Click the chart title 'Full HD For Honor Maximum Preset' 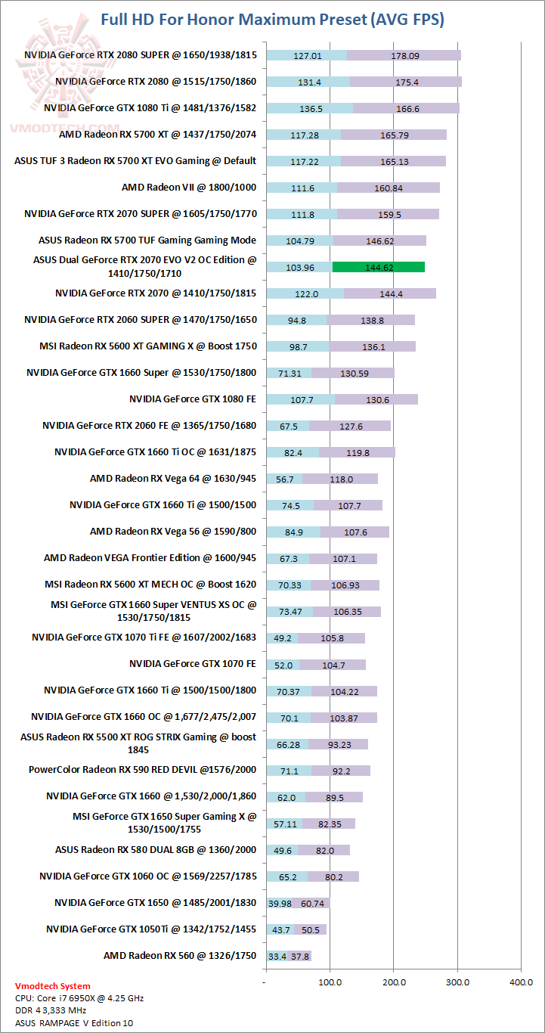pos(272,20)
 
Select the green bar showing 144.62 pos(378,267)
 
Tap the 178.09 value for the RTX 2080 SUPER pos(404,55)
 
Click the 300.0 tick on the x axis pos(457,982)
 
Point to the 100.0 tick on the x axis pos(330,982)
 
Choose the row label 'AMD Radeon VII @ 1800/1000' pos(189,188)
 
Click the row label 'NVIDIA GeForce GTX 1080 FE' pos(193,399)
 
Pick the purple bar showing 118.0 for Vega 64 pos(340,479)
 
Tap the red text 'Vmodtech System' pos(53,986)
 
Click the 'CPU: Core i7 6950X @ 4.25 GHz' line pos(79,998)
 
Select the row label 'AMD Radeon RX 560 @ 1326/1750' pos(180,956)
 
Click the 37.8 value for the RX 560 pos(301,957)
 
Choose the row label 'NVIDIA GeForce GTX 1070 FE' pos(193,665)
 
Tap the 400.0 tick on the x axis pos(521,982)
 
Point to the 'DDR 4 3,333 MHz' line pos(51,1010)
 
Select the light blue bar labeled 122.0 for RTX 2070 pos(305,293)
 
